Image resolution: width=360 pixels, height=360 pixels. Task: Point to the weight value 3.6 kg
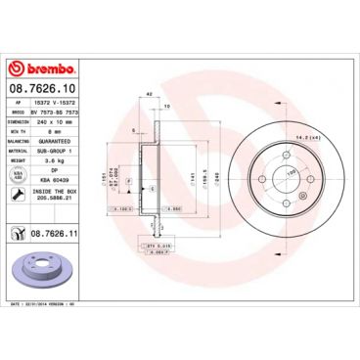[x=62, y=159]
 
